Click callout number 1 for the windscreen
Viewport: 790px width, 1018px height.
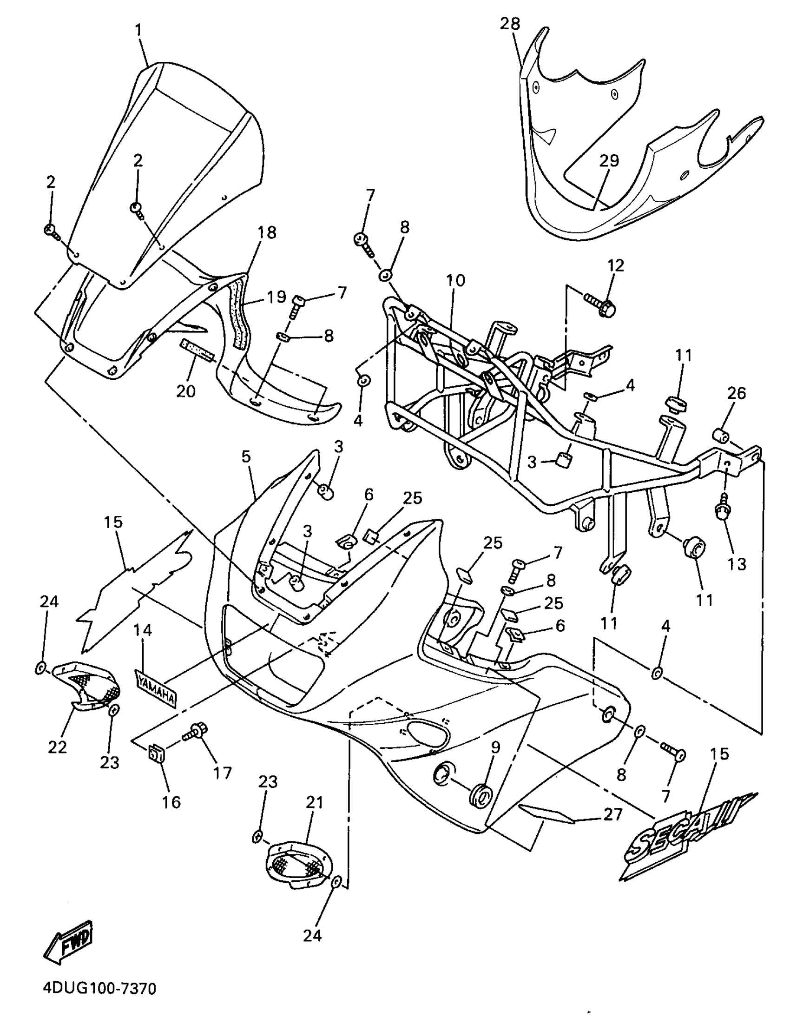point(138,31)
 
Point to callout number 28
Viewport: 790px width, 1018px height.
point(510,24)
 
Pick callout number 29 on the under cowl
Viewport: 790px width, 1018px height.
point(609,160)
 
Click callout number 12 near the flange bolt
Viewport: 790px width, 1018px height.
point(615,266)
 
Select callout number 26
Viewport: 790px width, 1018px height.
point(737,393)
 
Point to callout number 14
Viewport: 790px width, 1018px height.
point(142,630)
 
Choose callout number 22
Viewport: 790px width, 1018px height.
point(57,746)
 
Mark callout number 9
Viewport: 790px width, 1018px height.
point(495,747)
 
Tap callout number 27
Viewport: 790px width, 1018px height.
point(612,814)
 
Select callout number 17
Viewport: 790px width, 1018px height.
point(222,773)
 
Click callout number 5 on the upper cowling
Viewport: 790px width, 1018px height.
point(246,456)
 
